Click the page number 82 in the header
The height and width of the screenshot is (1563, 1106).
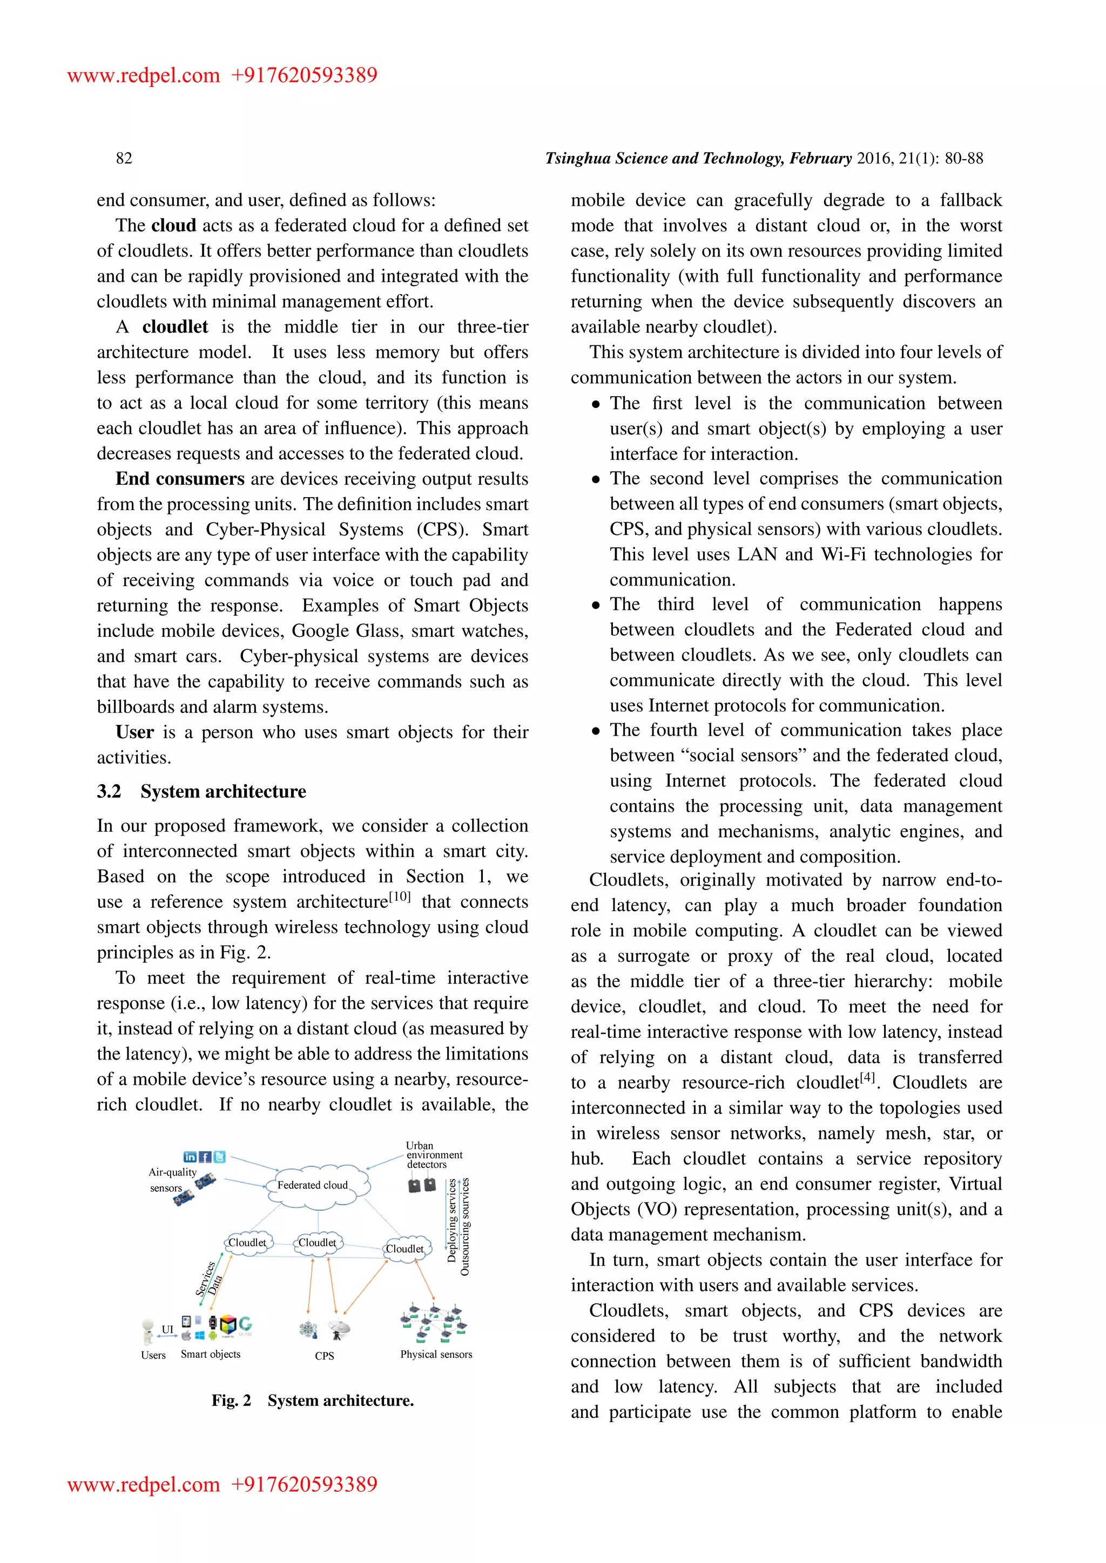click(124, 159)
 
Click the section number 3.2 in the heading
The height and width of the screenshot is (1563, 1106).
click(109, 792)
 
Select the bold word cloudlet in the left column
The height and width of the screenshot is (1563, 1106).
click(175, 328)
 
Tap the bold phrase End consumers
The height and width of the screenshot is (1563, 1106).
click(180, 479)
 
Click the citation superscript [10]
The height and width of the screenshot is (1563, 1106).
click(400, 896)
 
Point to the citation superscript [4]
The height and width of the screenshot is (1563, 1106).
click(867, 1078)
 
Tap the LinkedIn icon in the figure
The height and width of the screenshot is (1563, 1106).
click(190, 1157)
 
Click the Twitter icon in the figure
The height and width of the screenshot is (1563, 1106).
click(219, 1157)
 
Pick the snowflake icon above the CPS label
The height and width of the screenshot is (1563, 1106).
click(308, 1329)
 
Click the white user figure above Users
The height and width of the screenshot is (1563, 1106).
click(148, 1331)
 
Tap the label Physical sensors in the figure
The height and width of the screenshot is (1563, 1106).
click(436, 1355)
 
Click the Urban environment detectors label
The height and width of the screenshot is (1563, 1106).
click(433, 1155)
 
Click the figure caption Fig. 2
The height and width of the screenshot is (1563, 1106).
click(231, 1401)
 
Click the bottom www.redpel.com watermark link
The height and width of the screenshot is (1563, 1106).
click(144, 1485)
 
